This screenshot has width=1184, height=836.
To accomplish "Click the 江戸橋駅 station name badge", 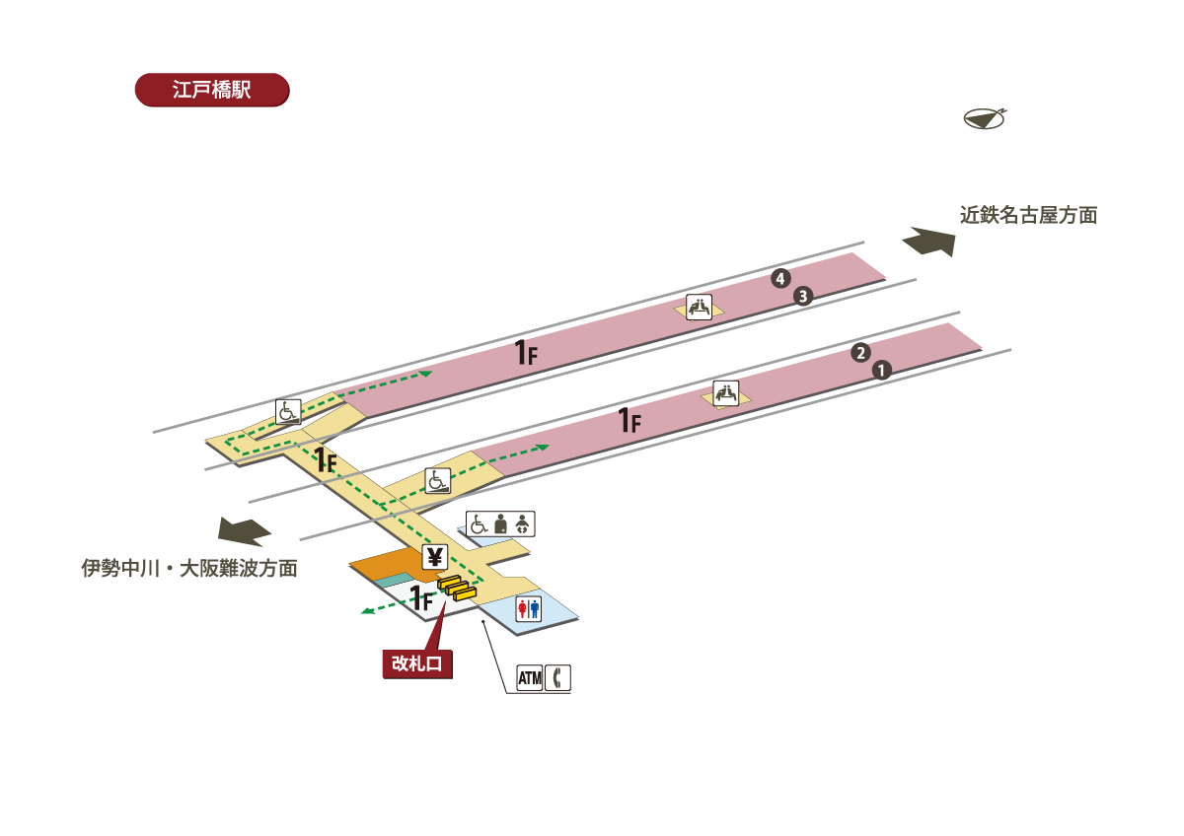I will click(x=211, y=90).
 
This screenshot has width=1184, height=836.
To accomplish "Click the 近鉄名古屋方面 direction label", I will click(x=1029, y=215).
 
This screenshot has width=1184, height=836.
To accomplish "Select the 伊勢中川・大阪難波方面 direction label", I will click(x=189, y=569).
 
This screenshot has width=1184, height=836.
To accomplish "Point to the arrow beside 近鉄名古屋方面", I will click(x=930, y=242).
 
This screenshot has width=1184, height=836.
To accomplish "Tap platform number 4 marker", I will click(x=780, y=279).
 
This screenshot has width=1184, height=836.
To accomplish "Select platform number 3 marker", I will click(x=803, y=296).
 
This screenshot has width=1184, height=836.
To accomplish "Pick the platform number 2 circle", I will click(x=860, y=353).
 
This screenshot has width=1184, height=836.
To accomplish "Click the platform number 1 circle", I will click(x=882, y=370).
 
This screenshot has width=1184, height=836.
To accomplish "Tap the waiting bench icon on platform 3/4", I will click(x=700, y=307).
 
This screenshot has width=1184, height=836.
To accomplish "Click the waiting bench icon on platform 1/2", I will click(x=726, y=392).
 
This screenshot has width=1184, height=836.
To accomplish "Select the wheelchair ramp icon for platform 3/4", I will click(x=288, y=411).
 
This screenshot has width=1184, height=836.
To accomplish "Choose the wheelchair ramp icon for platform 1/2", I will click(x=437, y=480).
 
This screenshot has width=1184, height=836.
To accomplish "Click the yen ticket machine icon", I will click(x=434, y=556).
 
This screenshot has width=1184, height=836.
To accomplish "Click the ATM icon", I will click(x=530, y=678).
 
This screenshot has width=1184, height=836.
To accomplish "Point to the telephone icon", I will click(x=558, y=678).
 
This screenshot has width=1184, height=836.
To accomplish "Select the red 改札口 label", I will click(x=418, y=663).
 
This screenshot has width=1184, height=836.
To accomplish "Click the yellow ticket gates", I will click(x=455, y=589).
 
